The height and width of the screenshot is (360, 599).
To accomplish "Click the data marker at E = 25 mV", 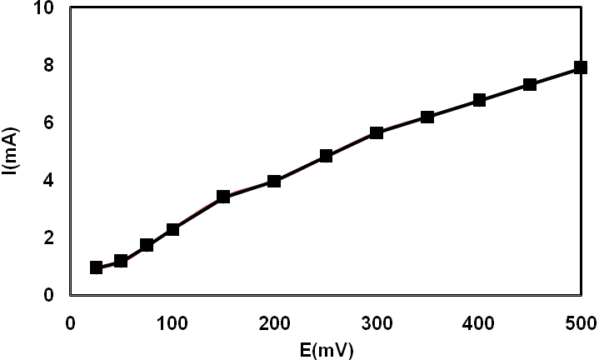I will tap(96, 267).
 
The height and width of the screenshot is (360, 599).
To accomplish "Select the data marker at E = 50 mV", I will tap(121, 261).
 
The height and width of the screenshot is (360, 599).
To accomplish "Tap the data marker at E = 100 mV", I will tap(172, 229).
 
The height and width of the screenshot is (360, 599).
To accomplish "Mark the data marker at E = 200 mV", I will tap(274, 181).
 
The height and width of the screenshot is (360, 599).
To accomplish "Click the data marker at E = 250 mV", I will tap(326, 156).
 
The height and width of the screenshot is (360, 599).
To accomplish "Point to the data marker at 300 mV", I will tap(377, 132).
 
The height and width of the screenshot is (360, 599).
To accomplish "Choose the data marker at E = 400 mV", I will tap(479, 100).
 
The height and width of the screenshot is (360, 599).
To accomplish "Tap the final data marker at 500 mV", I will tap(581, 67).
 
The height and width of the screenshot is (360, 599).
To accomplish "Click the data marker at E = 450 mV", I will tap(530, 84).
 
